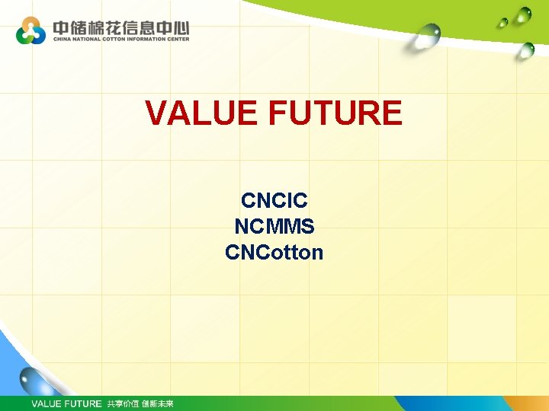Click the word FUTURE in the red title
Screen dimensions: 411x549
click(335, 113)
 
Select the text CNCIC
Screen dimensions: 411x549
click(274, 201)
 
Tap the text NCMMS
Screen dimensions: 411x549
click(274, 226)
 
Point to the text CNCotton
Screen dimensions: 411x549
click(274, 252)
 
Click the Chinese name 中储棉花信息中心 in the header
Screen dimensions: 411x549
click(120, 28)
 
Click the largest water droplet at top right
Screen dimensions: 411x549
click(429, 34)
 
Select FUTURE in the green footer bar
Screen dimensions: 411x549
click(82, 403)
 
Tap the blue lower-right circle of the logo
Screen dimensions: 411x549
click(39, 37)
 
